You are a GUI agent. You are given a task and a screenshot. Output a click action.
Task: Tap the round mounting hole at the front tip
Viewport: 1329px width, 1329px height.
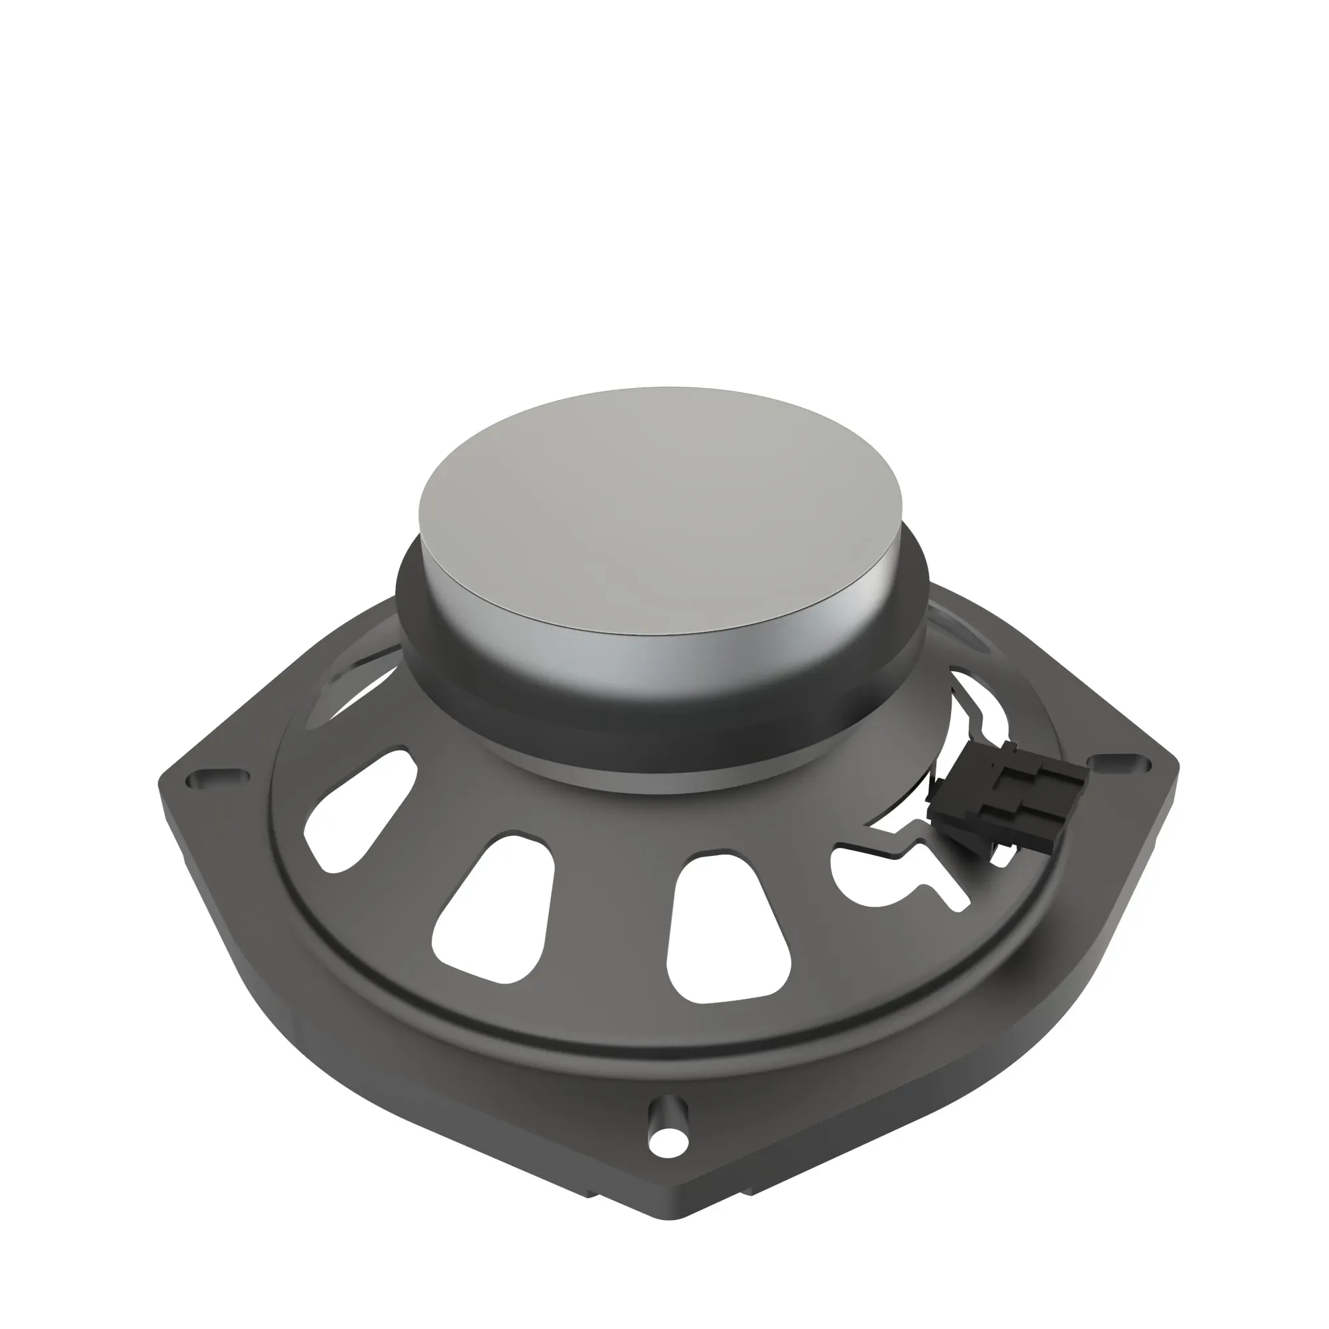tap(667, 1143)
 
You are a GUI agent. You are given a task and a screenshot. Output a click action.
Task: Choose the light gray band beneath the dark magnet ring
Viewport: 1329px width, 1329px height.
tap(688, 784)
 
